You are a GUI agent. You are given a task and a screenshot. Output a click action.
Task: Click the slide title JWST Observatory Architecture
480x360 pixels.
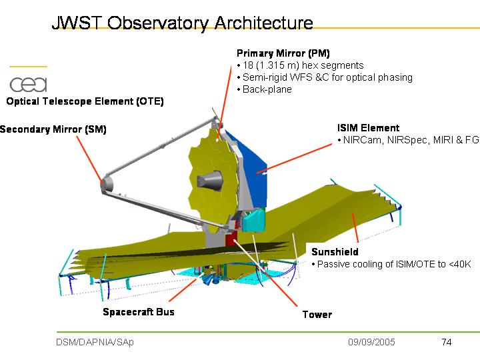point(182,23)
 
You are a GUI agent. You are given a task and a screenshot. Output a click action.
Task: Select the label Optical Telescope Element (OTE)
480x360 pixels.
point(85,101)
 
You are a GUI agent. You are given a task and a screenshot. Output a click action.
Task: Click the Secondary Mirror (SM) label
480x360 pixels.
point(53,129)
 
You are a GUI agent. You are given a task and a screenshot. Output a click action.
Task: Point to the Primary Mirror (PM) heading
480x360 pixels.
point(283,53)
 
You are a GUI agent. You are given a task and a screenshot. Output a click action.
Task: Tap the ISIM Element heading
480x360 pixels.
point(369,128)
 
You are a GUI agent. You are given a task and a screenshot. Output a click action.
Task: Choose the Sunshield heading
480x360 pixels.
point(335,252)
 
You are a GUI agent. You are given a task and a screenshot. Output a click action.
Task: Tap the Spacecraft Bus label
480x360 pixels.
point(138,311)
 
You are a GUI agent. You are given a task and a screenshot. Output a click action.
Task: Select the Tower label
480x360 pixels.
point(317,315)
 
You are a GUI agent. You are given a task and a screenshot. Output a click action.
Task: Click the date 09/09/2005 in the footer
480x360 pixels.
point(371,342)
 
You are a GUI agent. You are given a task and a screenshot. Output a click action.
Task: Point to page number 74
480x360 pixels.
point(446,342)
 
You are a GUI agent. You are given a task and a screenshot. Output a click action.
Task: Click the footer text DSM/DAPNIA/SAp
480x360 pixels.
point(94,342)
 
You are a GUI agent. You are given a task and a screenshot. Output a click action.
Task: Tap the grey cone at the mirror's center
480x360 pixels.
point(211,180)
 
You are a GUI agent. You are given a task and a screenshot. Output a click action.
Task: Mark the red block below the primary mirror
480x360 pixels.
point(231,239)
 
